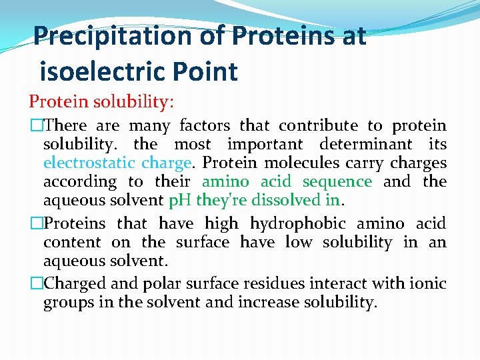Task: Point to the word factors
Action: point(203,125)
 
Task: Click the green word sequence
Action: point(337,181)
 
